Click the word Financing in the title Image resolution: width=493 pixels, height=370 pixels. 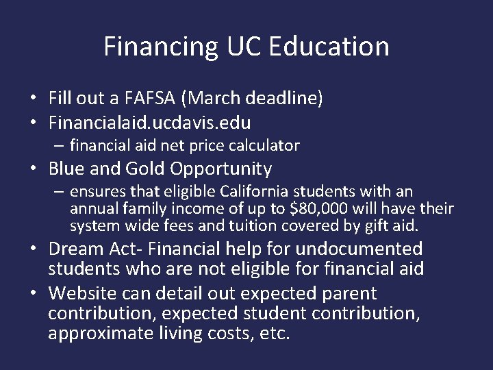[x=162, y=47]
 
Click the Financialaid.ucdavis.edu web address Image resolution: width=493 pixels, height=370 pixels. [x=149, y=123]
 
